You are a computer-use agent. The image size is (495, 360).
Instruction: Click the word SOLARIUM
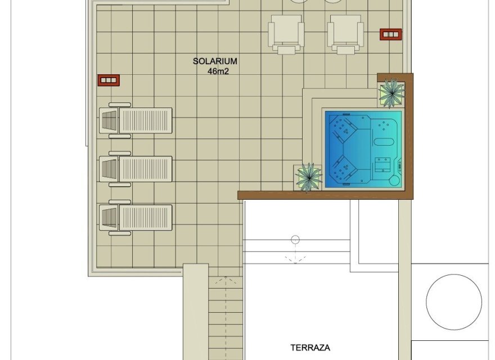pyautogui.click(x=215, y=61)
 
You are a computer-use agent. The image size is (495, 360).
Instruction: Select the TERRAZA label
pyautogui.click(x=310, y=348)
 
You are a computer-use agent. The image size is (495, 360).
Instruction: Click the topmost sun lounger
pyautogui.click(x=136, y=120)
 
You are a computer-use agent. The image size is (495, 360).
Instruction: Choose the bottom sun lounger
pyautogui.click(x=136, y=217)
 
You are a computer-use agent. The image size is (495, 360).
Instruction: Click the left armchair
pyautogui.click(x=286, y=34)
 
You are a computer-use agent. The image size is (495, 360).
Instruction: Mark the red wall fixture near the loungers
pyautogui.click(x=109, y=80)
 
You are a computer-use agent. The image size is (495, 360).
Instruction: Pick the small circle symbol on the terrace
pyautogui.click(x=295, y=240)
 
